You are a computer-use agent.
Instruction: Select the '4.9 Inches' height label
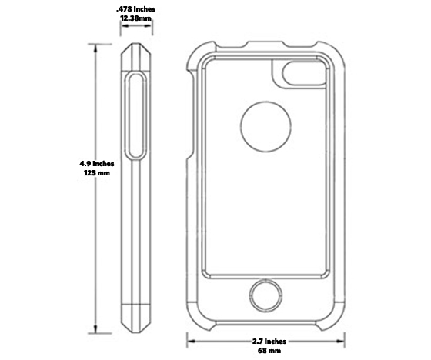[97, 163]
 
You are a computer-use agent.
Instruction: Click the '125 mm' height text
[97, 174]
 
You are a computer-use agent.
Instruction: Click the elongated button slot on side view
[136, 116]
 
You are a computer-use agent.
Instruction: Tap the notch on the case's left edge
[189, 156]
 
